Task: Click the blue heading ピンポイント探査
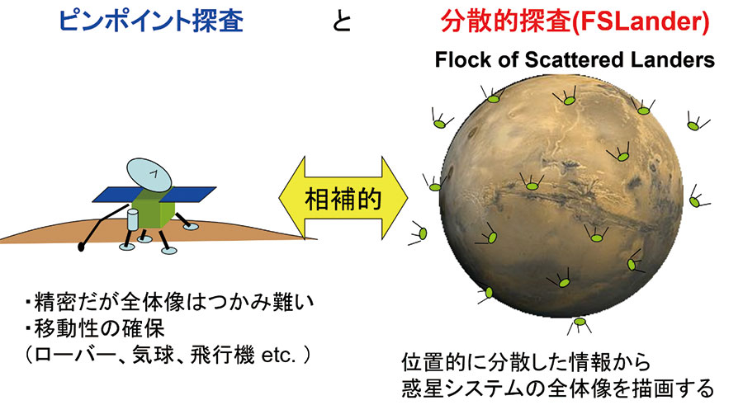coord(151,21)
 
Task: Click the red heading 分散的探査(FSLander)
coord(575,21)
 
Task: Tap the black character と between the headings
coord(342,21)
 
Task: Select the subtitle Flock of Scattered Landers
coord(575,60)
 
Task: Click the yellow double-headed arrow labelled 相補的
coord(343,198)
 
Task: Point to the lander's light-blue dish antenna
coord(149,175)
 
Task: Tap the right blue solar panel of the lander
coord(191,194)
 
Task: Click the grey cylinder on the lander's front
coord(134,219)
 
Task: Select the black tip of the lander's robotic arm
coord(82,247)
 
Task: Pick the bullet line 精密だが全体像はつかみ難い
coord(170,302)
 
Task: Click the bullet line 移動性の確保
coord(95,328)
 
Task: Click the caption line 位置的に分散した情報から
coord(526,362)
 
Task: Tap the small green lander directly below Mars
coord(580,323)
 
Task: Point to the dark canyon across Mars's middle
coord(559,199)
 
